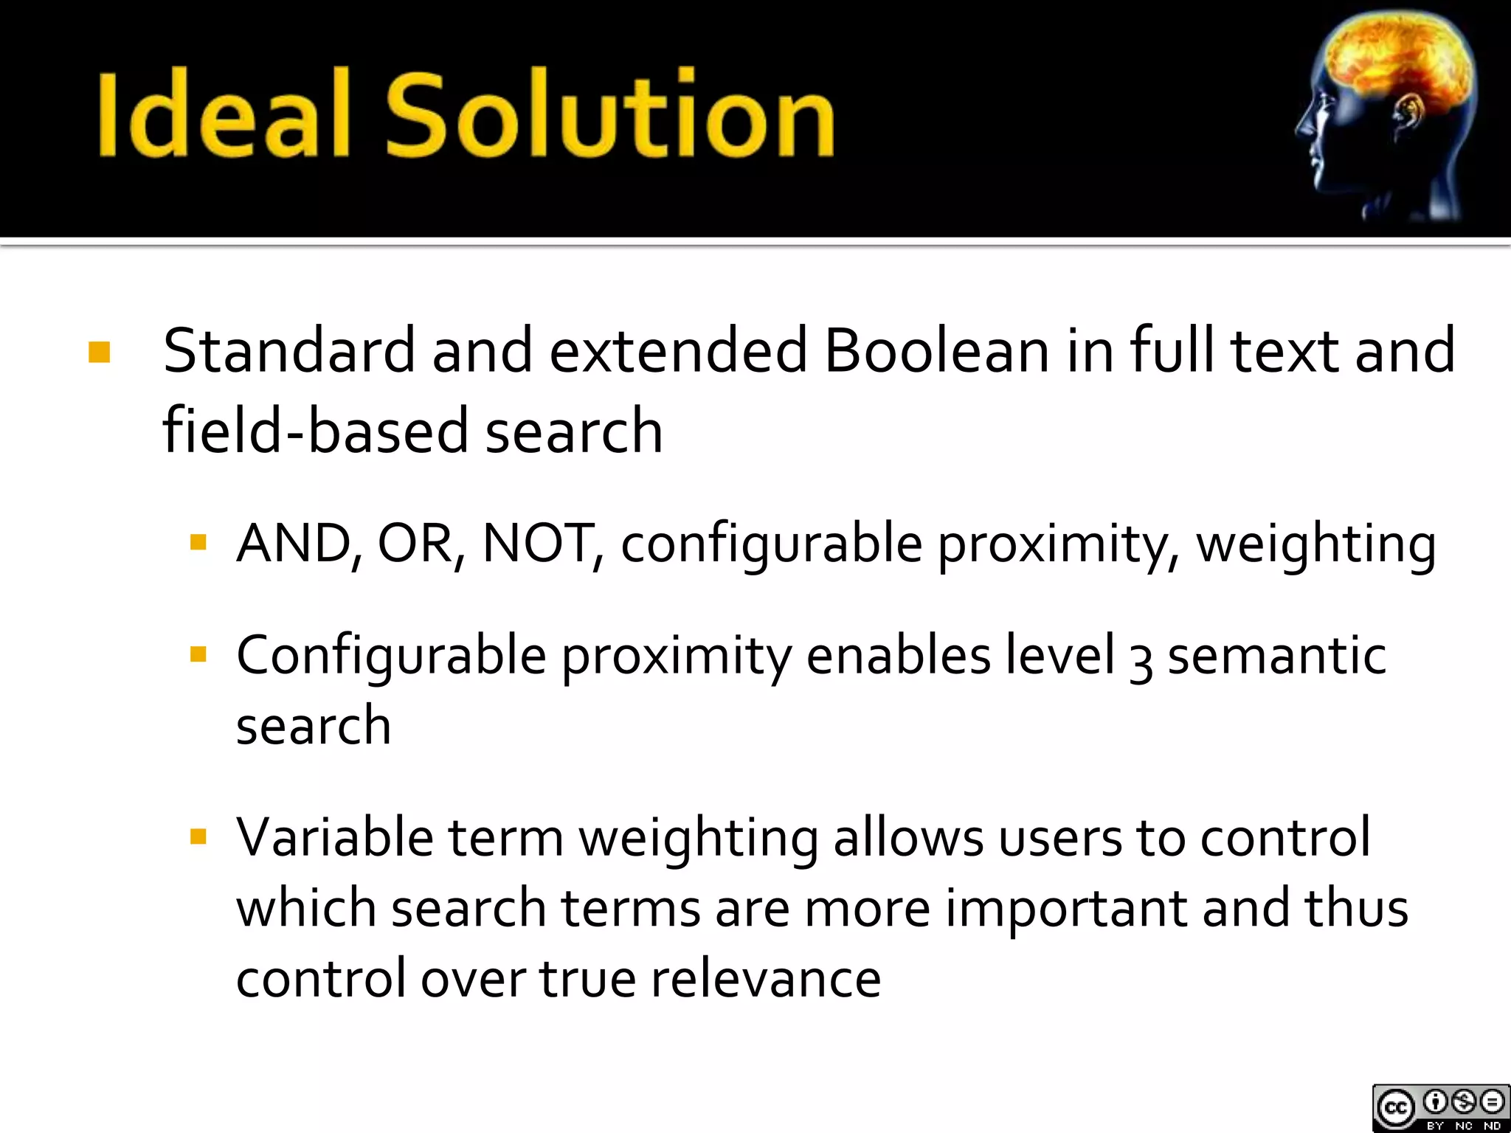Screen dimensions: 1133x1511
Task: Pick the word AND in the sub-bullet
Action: (x=293, y=544)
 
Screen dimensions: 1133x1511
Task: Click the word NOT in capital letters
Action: (x=537, y=544)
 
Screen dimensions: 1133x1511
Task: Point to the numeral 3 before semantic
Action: (x=1140, y=659)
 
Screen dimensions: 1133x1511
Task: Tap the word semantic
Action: (x=1276, y=656)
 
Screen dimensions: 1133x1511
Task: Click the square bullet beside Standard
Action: (x=100, y=353)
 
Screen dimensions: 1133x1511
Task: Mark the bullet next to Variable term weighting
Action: (x=198, y=836)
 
